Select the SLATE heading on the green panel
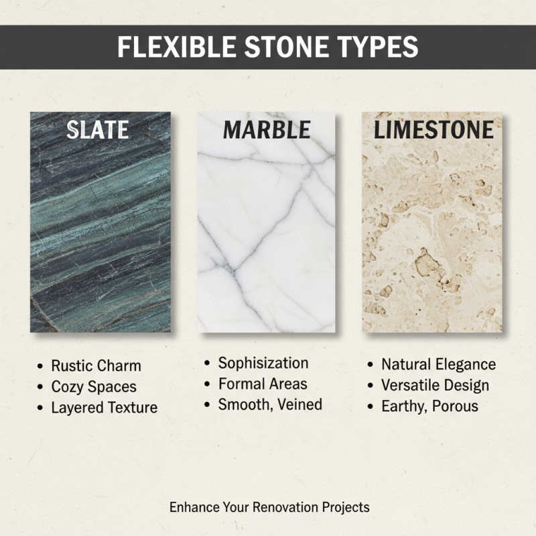[x=98, y=129]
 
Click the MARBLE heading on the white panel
[x=267, y=129]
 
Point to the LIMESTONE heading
[x=433, y=130]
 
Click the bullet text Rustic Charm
[x=96, y=366]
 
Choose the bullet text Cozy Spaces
[x=94, y=387]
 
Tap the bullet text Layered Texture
[x=104, y=407]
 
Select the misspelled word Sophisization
[x=263, y=363]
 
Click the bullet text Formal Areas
[x=263, y=384]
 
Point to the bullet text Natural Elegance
[x=438, y=364]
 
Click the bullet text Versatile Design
[x=435, y=385]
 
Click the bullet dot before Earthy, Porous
[x=371, y=407]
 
